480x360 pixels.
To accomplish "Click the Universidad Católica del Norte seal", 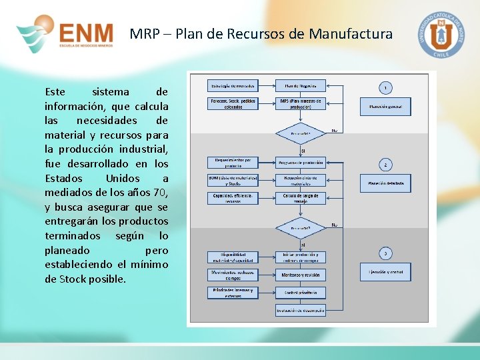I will (441, 34).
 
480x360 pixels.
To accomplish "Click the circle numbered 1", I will (385, 87).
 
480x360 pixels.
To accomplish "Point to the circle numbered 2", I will (385, 164).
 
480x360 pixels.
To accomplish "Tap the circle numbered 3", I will (385, 253).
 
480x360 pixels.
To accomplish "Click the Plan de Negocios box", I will (300, 85).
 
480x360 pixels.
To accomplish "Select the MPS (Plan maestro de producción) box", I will (300, 104).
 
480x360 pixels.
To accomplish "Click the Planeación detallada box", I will (385, 183).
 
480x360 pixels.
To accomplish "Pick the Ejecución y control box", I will (385, 272).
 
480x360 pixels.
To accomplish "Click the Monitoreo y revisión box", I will (300, 275).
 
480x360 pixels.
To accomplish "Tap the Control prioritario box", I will (300, 292).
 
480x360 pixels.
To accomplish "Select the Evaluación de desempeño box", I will (300, 311).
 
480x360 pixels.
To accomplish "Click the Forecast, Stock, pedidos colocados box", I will (233, 104).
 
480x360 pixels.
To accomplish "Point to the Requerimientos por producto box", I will (233, 163).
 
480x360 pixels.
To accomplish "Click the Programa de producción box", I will (300, 163).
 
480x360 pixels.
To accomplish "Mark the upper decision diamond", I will (300, 132).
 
